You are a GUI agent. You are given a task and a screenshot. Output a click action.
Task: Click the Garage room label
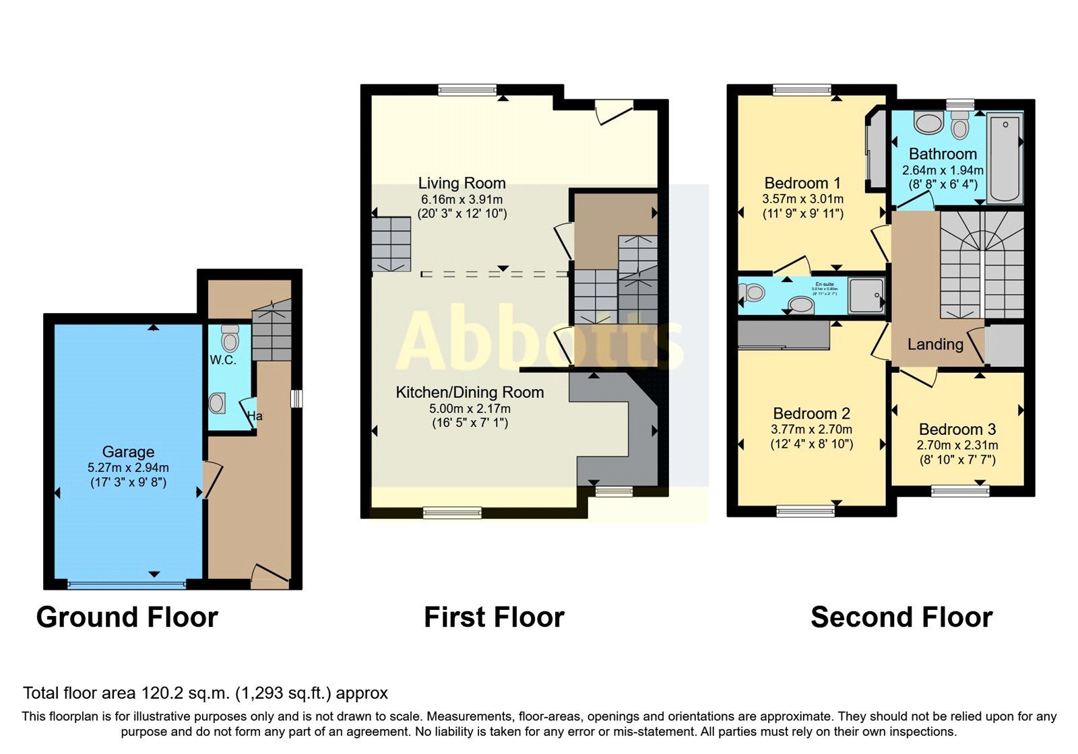pos(128,452)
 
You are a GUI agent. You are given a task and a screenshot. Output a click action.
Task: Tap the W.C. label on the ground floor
pos(222,360)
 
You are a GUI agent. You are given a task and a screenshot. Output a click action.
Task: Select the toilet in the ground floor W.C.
pos(230,337)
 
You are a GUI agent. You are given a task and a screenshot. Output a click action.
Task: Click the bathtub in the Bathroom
pos(1005,158)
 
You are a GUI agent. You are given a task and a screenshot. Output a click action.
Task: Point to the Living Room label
pos(462,183)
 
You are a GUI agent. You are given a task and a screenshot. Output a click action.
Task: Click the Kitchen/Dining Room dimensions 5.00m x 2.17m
pos(470,409)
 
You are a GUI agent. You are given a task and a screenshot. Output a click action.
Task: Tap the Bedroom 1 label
pos(802,183)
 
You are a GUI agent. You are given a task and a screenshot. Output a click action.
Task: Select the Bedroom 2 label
pos(811,413)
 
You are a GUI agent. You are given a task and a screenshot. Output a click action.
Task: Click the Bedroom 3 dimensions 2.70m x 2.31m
pos(957,445)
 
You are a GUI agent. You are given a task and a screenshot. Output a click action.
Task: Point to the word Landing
pos(935,345)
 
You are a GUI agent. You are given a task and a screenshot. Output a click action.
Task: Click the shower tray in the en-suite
pos(866,295)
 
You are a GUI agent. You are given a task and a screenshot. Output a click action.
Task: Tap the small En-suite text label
pos(825,285)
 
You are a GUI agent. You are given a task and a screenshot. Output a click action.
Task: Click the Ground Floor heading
pos(127,617)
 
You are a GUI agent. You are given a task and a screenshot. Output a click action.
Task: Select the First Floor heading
pos(494,617)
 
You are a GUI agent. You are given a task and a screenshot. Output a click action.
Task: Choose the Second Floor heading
pos(901,617)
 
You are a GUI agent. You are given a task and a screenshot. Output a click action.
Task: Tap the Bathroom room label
pos(943,154)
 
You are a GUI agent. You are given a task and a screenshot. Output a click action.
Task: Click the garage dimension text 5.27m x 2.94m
pos(128,467)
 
